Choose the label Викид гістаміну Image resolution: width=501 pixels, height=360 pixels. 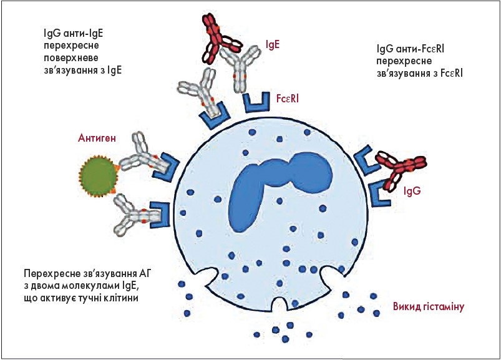(x=427, y=308)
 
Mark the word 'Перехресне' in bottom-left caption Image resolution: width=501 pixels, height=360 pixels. (x=49, y=273)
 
